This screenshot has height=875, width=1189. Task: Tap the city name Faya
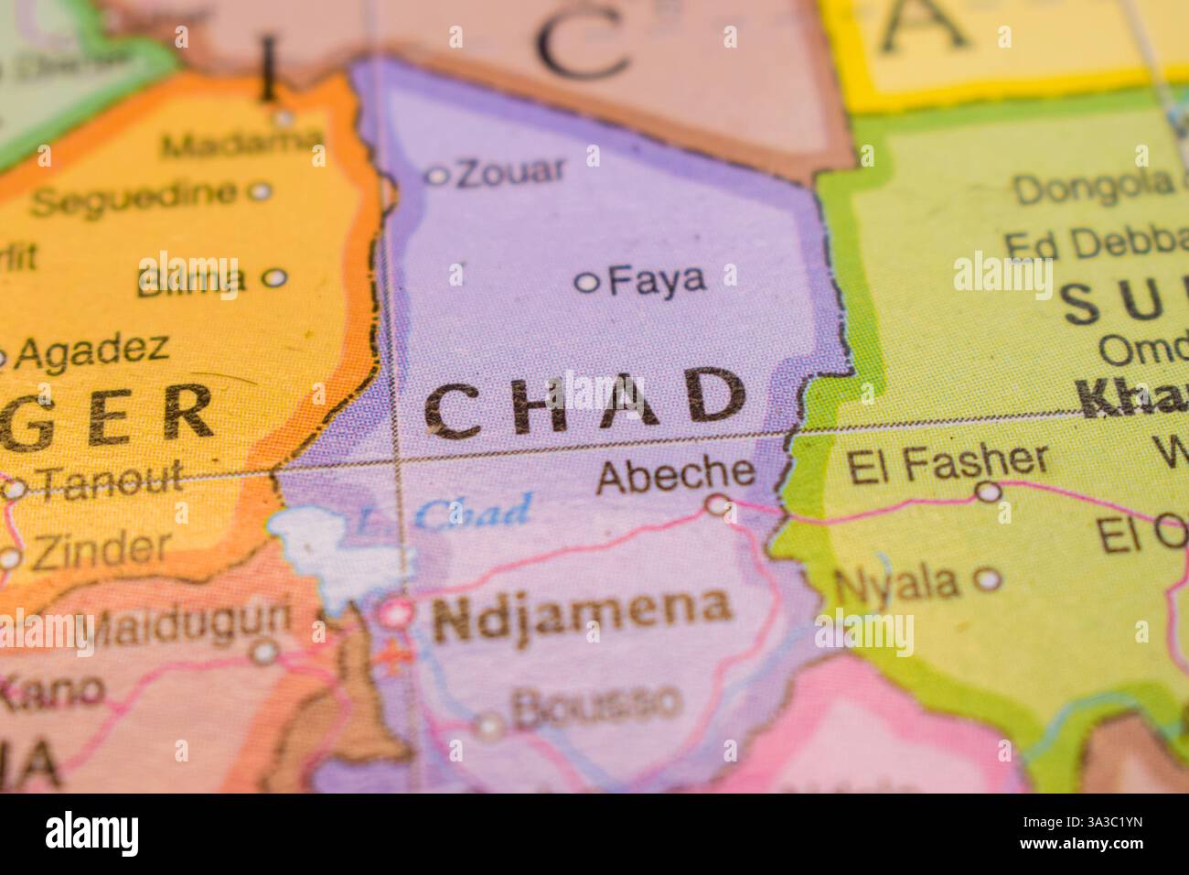[x=657, y=279]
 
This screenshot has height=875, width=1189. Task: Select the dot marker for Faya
[x=586, y=283]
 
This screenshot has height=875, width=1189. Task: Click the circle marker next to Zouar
[x=438, y=176]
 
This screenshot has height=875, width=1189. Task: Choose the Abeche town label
[x=675, y=473]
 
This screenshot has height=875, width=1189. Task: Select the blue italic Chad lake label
[x=473, y=513]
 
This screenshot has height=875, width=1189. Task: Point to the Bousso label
[x=596, y=703]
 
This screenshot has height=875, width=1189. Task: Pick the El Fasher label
[x=948, y=463]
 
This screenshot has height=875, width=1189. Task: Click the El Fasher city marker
[x=988, y=492]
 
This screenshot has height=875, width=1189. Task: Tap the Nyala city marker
[x=987, y=578]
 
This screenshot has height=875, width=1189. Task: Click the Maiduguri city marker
[x=265, y=652]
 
